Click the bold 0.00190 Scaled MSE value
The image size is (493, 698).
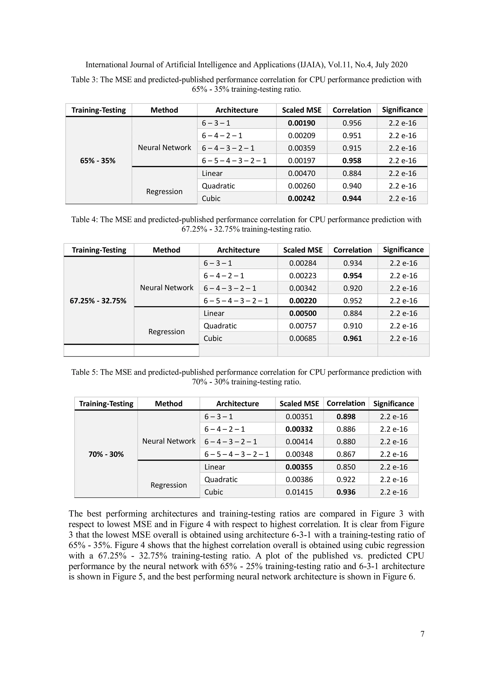coord(301,123)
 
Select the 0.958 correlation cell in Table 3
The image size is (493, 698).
coord(352,160)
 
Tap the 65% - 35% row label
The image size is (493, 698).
coord(98,160)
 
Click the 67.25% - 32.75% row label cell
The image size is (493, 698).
coord(98,301)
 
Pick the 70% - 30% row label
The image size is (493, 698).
coord(106,454)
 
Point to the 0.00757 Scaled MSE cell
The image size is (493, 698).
coord(303,326)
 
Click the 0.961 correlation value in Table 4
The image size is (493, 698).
coord(352,338)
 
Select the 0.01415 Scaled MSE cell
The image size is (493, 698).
coord(299,492)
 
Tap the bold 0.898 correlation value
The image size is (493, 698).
coord(346,417)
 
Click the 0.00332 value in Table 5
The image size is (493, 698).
coord(299,429)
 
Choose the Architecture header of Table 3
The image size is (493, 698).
coord(237,110)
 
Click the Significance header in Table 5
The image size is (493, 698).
coord(393,404)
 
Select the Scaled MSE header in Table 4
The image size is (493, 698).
coord(303,250)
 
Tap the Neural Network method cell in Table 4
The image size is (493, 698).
coord(166,288)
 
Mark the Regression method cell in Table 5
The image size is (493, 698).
coord(169,485)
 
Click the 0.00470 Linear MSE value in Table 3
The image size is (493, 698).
coord(301,173)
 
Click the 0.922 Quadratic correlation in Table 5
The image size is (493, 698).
coord(346,479)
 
